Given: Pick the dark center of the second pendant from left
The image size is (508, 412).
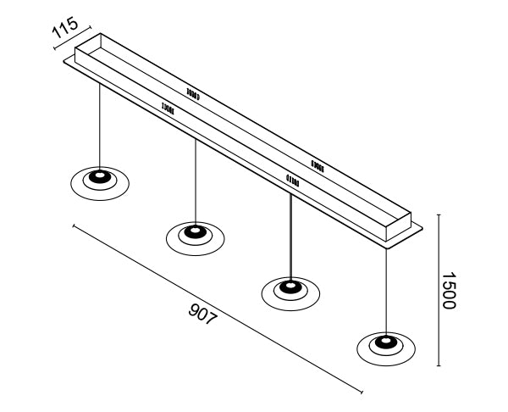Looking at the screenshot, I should pyautogui.click(x=196, y=231).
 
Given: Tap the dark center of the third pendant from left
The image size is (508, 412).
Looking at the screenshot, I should pyautogui.click(x=290, y=287).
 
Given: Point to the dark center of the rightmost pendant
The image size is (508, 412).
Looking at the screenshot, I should pyautogui.click(x=387, y=342).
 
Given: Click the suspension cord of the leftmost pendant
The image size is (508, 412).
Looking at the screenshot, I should pyautogui.click(x=100, y=127).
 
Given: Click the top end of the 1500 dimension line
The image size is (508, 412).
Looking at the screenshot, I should pyautogui.click(x=438, y=214).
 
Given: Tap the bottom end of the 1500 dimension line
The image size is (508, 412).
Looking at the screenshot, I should pyautogui.click(x=438, y=366).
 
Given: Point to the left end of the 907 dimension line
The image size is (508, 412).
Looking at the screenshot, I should pyautogui.click(x=74, y=225).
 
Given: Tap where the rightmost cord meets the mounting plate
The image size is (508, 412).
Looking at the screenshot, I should pyautogui.click(x=387, y=247).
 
